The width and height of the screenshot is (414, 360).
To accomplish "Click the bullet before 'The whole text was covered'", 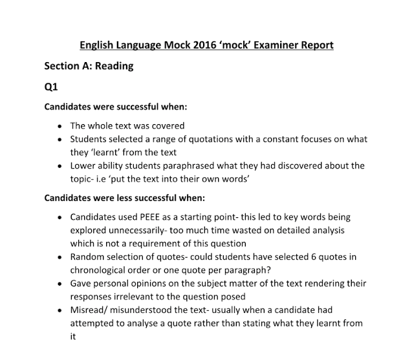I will point(60,126).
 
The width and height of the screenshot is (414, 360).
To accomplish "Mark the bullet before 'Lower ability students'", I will point(60,166).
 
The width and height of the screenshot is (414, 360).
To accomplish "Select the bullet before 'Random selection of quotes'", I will point(60,257).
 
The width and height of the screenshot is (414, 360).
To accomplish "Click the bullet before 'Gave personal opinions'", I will point(60,284).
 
